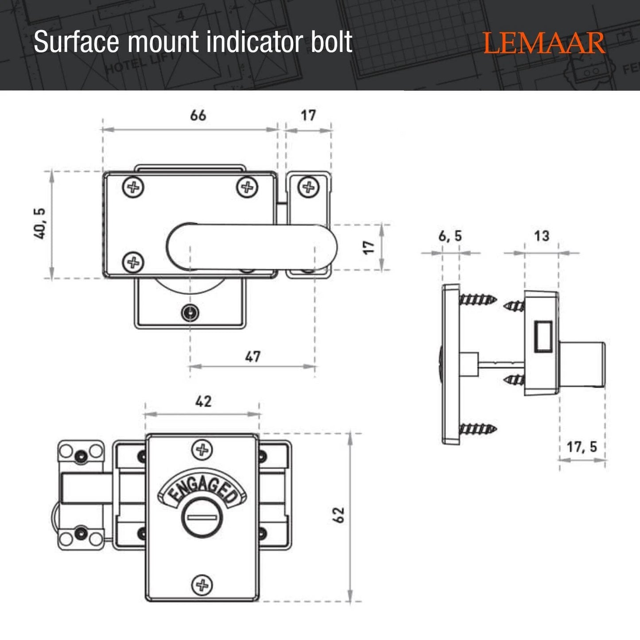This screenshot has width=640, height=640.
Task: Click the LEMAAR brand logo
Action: click(x=544, y=43)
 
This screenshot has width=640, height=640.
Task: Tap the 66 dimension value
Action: click(x=198, y=115)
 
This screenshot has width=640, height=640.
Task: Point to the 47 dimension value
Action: click(x=253, y=356)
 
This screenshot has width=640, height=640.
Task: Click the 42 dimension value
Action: click(x=203, y=401)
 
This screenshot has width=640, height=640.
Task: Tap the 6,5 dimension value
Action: click(x=450, y=237)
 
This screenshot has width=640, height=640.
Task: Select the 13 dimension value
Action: click(x=541, y=236)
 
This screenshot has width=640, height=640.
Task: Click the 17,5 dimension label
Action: click(x=582, y=447)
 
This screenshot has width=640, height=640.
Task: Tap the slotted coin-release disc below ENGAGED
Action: click(x=203, y=517)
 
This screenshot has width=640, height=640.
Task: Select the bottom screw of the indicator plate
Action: click(x=202, y=585)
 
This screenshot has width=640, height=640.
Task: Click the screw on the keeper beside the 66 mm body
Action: click(x=308, y=187)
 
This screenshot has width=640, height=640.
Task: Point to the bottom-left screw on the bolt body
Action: click(x=133, y=263)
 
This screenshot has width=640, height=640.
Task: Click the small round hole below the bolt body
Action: click(x=190, y=313)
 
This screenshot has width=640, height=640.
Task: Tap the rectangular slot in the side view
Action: click(x=543, y=337)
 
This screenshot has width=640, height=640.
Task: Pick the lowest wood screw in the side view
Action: click(x=478, y=429)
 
